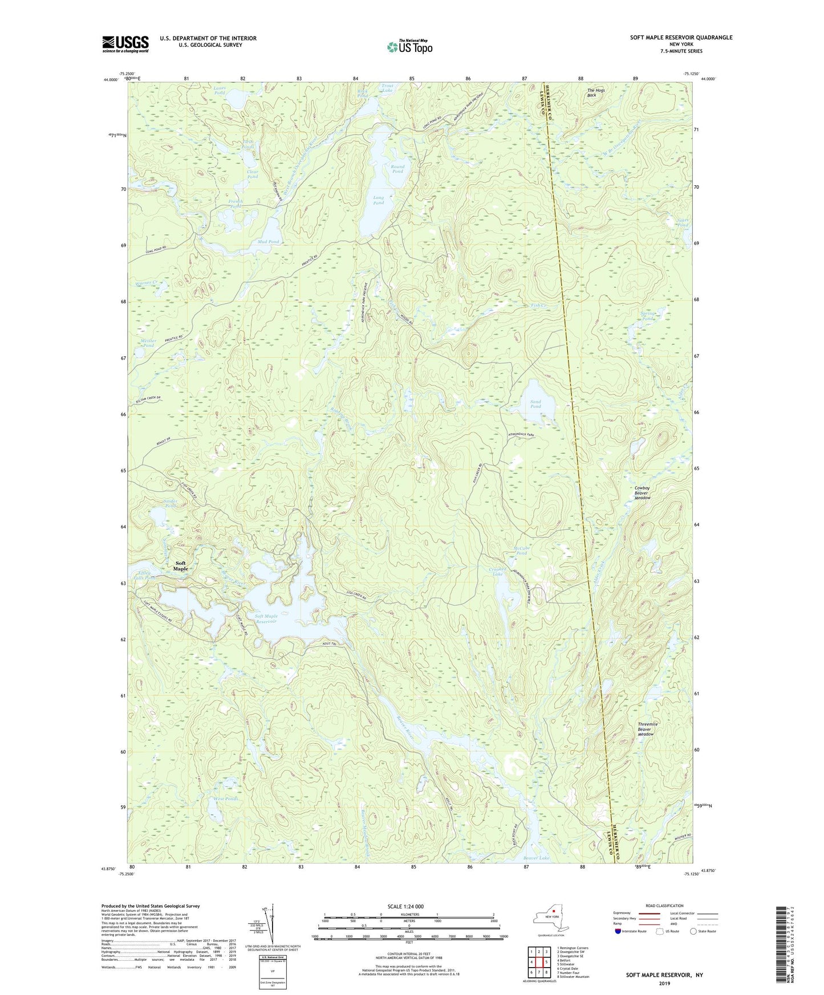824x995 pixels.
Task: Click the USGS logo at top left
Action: pyautogui.click(x=125, y=44)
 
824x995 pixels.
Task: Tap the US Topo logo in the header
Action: pyautogui.click(x=409, y=47)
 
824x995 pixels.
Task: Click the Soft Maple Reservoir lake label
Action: pyautogui.click(x=266, y=618)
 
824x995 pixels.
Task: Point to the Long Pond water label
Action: pyautogui.click(x=378, y=200)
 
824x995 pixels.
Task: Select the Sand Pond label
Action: pyautogui.click(x=535, y=404)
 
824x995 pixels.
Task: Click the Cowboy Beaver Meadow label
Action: pyautogui.click(x=643, y=493)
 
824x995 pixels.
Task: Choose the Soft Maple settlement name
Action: pyautogui.click(x=180, y=566)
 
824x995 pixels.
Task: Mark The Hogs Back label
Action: pyautogui.click(x=596, y=92)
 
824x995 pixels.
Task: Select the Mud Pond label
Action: pyautogui.click(x=268, y=242)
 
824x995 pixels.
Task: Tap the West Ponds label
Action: pyautogui.click(x=226, y=799)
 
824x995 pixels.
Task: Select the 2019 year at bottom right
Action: pyautogui.click(x=664, y=983)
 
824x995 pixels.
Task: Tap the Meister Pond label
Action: pyautogui.click(x=148, y=343)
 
